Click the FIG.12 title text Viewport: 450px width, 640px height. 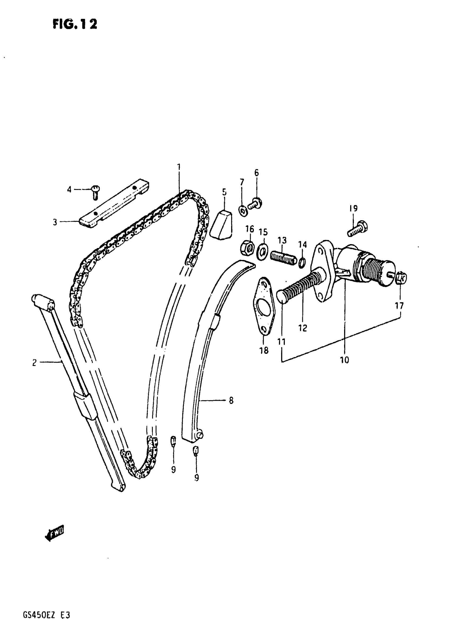(x=75, y=24)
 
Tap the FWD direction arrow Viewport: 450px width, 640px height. (x=55, y=534)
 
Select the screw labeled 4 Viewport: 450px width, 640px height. (x=96, y=192)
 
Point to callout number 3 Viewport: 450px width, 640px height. (x=55, y=222)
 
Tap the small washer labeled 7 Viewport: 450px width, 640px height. (x=243, y=211)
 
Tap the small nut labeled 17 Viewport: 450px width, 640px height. (x=401, y=278)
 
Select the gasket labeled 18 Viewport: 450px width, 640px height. (x=263, y=306)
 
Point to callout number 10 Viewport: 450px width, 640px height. (x=344, y=360)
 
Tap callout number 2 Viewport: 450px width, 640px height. (x=34, y=363)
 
